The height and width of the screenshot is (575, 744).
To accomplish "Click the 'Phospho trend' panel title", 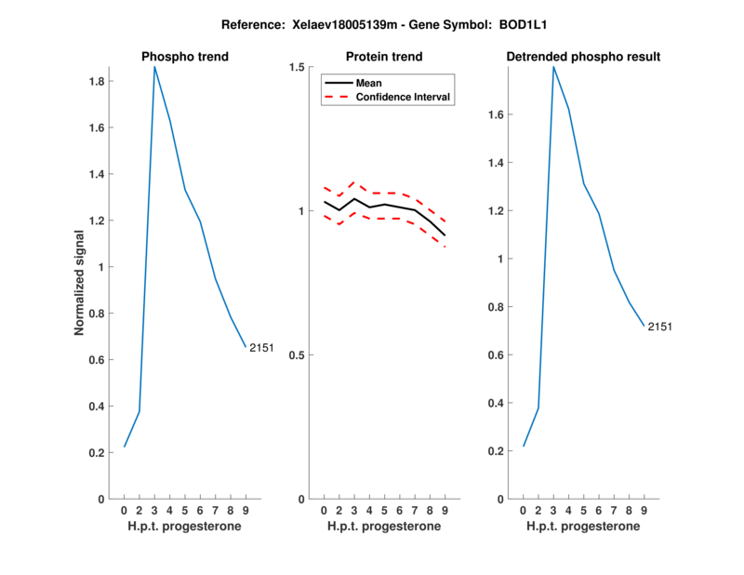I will pyautogui.click(x=184, y=57).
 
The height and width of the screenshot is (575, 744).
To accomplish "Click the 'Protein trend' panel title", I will pyautogui.click(x=384, y=57).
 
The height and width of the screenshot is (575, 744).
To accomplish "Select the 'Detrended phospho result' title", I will pyautogui.click(x=583, y=57).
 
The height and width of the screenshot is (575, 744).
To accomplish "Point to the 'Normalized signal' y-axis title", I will pyautogui.click(x=79, y=283).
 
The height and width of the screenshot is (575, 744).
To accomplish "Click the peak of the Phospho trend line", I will pyautogui.click(x=154, y=67).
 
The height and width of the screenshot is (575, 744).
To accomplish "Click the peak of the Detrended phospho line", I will pyautogui.click(x=553, y=67).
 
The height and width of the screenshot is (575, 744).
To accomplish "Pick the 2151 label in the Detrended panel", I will pyautogui.click(x=660, y=327).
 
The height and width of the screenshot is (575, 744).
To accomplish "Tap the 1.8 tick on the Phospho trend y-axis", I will pyautogui.click(x=94, y=81).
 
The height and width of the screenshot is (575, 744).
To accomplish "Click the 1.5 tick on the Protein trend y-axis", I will pyautogui.click(x=297, y=67).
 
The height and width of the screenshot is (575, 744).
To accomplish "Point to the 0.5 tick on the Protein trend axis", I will pyautogui.click(x=297, y=355).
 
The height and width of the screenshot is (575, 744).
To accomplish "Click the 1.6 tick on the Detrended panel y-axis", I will pyautogui.click(x=496, y=114).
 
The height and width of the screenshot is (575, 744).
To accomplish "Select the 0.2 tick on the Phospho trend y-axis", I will pyautogui.click(x=94, y=453).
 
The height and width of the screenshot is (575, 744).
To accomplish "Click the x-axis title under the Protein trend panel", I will pyautogui.click(x=384, y=526).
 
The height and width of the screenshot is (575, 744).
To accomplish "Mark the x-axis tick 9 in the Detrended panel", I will pyautogui.click(x=644, y=510).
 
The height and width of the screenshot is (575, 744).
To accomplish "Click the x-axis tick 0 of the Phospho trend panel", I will pyautogui.click(x=124, y=510).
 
